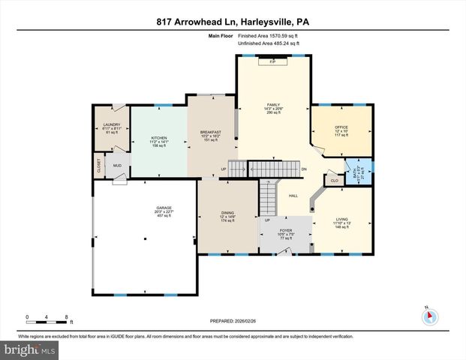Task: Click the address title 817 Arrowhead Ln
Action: [x=232, y=21]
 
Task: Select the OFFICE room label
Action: [x=341, y=127]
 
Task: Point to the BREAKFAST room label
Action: [x=210, y=132]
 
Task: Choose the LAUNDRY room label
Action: [x=111, y=125]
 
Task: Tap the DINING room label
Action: [x=227, y=213]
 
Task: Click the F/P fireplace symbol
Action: [x=272, y=62]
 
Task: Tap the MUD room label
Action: [x=118, y=166]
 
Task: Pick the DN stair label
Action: [x=304, y=169]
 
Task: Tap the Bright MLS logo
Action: [x=29, y=349]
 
